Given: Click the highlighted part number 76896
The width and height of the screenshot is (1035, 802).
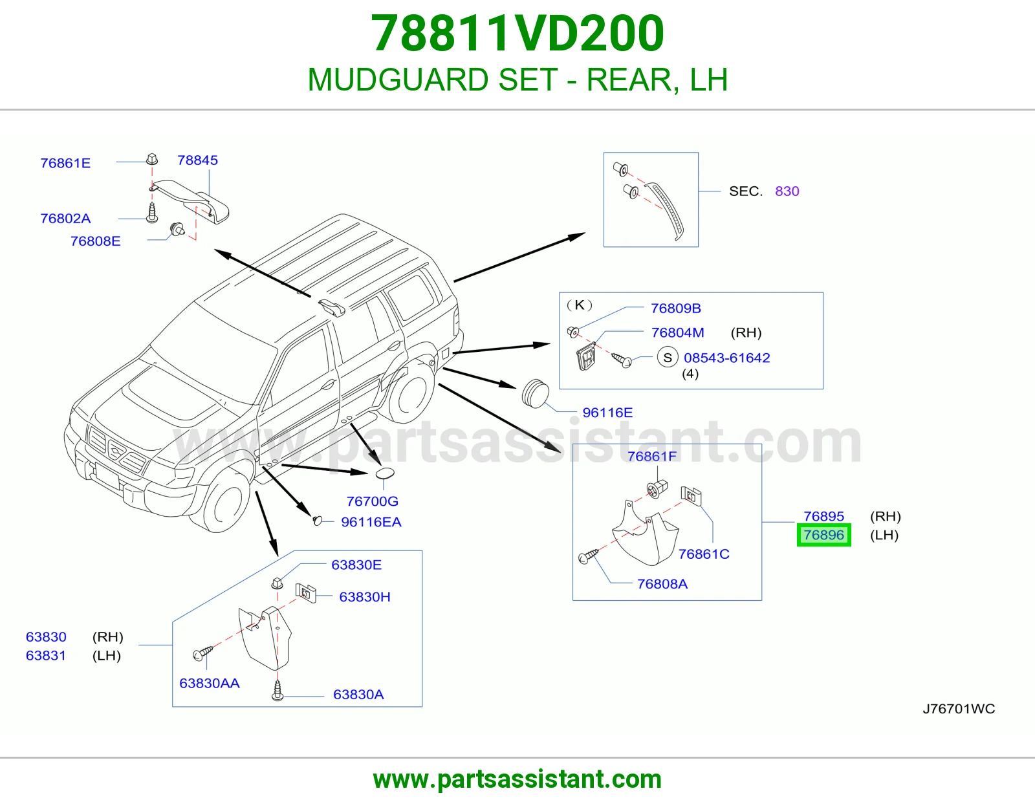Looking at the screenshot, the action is [x=823, y=535].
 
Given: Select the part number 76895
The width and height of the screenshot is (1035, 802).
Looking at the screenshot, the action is [x=823, y=516].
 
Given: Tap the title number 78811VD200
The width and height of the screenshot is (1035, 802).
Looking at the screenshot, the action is [x=517, y=33].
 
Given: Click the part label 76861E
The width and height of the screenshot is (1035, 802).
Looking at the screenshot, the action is [x=65, y=163].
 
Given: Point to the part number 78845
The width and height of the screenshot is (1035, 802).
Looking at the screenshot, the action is [x=198, y=160].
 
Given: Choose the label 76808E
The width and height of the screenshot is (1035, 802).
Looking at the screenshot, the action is [x=95, y=241].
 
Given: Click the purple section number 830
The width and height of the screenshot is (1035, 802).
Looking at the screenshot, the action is [x=787, y=191].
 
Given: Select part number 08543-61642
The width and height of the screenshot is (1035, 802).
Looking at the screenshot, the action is [x=727, y=358].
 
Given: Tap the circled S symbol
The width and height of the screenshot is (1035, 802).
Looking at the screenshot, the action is [x=668, y=357].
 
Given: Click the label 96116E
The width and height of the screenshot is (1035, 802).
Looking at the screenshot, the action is [x=608, y=413].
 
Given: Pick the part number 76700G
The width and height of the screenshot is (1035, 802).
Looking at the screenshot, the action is [x=373, y=501].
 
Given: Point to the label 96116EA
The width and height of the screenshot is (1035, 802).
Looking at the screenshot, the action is [x=371, y=522].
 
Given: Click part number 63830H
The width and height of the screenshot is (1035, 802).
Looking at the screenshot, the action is [x=365, y=597].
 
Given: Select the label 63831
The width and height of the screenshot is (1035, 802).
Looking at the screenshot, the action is [x=46, y=655].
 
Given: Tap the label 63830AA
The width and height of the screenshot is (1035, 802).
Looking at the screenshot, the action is [x=210, y=683].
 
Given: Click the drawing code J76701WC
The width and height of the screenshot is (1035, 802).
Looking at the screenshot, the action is [x=959, y=709].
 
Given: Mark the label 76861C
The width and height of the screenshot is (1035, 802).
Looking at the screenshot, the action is [x=704, y=554].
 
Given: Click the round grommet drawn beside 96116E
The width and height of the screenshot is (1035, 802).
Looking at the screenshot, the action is [x=535, y=393].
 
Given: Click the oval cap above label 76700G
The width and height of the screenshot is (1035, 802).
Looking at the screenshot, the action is [x=386, y=473].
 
